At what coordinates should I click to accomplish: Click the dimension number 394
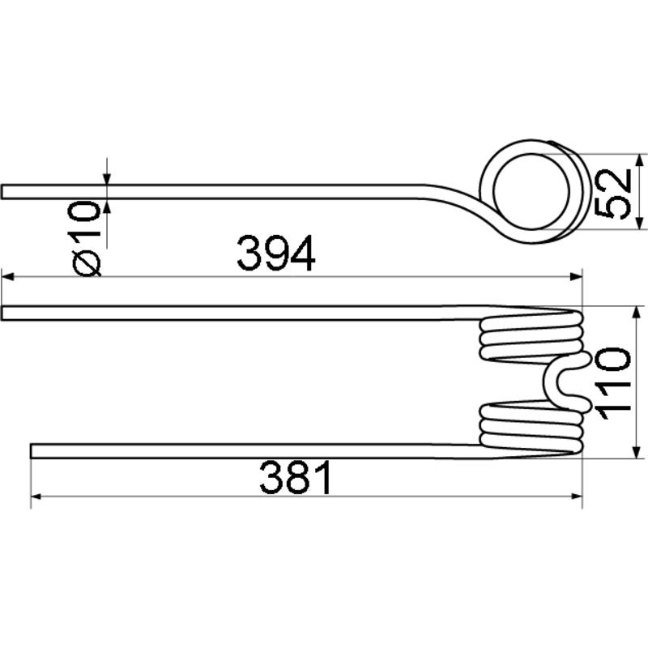point(276,253)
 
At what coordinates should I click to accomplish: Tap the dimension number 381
point(295,477)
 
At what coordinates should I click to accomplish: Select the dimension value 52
point(613,194)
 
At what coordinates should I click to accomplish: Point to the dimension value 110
point(612,384)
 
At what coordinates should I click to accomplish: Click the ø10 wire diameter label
point(87,238)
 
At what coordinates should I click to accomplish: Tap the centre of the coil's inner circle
point(531,191)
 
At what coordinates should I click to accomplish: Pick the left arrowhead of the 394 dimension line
point(8,276)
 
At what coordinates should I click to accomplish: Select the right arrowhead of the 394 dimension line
point(576,276)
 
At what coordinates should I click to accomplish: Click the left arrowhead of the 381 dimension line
point(36,496)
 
